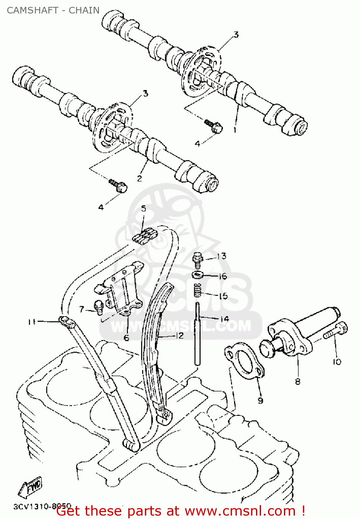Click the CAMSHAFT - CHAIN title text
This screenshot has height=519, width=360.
pyautogui.click(x=53, y=10)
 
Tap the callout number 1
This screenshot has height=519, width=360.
pyautogui.click(x=235, y=130)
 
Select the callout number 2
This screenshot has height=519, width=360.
pyautogui.click(x=139, y=179)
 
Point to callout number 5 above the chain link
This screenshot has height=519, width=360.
pyautogui.click(x=144, y=209)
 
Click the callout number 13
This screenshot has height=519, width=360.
pyautogui.click(x=221, y=256)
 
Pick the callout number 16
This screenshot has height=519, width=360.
pyautogui.click(x=223, y=276)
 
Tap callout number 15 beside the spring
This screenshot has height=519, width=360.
pyautogui.click(x=223, y=296)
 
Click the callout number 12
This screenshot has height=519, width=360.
pyautogui.click(x=179, y=335)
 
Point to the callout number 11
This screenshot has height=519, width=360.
pyautogui.click(x=32, y=322)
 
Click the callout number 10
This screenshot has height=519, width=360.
pyautogui.click(x=337, y=362)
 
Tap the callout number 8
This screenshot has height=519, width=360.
pyautogui.click(x=297, y=382)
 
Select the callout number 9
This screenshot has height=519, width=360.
pyautogui.click(x=260, y=400)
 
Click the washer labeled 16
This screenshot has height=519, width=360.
pyautogui.click(x=197, y=275)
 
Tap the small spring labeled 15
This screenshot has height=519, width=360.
pyautogui.click(x=197, y=290)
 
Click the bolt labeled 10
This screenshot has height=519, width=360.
pyautogui.click(x=337, y=330)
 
